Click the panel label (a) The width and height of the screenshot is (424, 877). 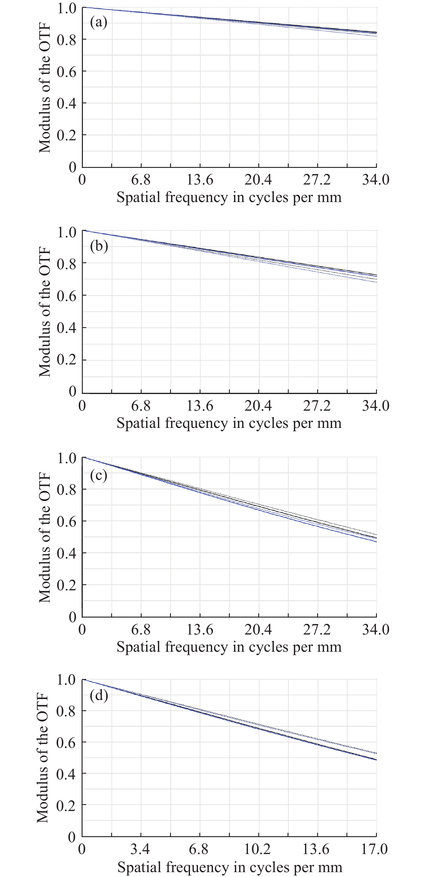tap(99, 22)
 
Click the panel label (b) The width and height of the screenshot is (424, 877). tap(99, 246)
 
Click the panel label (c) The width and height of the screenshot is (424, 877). tap(99, 475)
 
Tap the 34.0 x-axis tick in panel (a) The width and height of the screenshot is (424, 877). tap(376, 179)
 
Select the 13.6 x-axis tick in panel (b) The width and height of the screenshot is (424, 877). tap(200, 405)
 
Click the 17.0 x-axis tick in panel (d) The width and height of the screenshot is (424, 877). tap(374, 849)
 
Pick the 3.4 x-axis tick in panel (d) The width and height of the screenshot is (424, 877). tap(140, 849)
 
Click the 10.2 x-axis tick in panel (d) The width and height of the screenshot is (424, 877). tap(257, 849)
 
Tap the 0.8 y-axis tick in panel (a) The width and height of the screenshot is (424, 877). tap(67, 40)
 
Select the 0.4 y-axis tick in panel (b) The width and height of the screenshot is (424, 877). tap(67, 328)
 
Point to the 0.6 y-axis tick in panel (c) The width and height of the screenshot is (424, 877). tap(67, 521)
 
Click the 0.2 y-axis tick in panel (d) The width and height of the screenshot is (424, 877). tap(66, 806)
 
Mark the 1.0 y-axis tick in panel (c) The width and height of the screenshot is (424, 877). tap(67, 458)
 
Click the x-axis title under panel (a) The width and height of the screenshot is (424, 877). tap(229, 197)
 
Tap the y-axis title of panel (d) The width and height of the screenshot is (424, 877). tap(43, 758)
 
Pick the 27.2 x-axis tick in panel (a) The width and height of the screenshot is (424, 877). tap(317, 179)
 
